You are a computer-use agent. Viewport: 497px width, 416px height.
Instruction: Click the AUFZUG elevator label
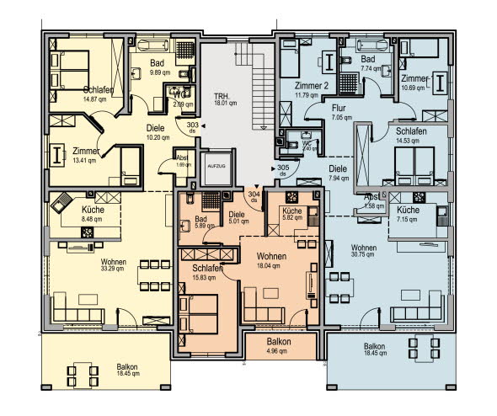point(214,167)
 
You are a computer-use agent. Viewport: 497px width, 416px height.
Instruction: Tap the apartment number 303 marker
point(193,124)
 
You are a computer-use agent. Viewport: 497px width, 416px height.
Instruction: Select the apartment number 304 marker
point(254,196)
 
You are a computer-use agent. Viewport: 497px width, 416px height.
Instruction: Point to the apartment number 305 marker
point(284,168)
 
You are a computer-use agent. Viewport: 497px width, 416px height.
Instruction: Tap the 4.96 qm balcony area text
point(278,352)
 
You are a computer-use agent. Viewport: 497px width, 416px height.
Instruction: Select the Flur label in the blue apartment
point(339,109)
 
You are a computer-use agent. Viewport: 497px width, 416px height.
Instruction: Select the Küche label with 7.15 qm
point(408,210)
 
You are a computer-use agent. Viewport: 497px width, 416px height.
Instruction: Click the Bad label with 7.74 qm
point(367,60)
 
